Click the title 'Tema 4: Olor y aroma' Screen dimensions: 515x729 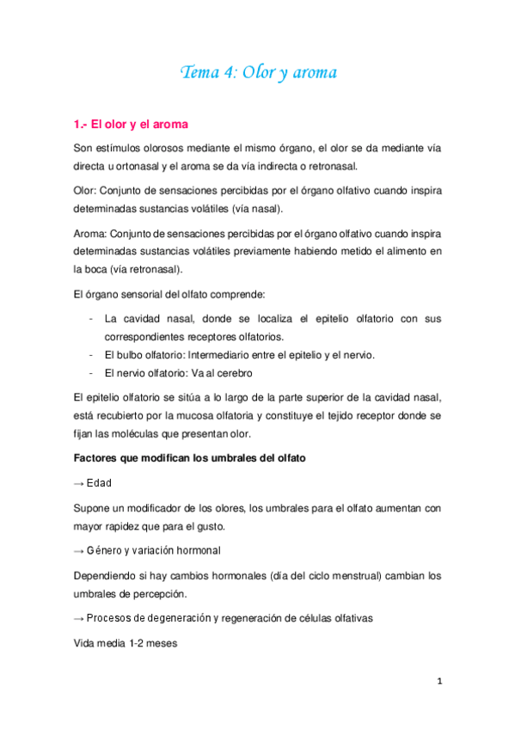click(x=258, y=72)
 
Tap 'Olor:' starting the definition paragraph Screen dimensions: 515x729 click(x=86, y=189)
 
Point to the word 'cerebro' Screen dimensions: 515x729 click(x=231, y=374)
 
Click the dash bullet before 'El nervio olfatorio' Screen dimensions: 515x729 click(x=91, y=374)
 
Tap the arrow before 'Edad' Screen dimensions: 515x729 click(x=79, y=484)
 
